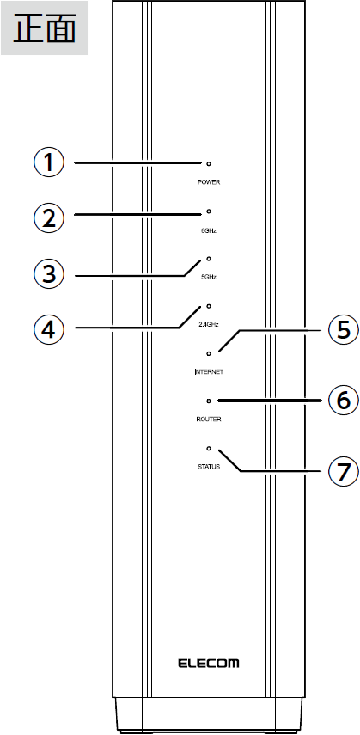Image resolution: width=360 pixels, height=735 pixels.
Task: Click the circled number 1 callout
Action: pyautogui.click(x=48, y=162)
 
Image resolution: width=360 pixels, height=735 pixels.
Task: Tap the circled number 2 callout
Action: pyautogui.click(x=48, y=218)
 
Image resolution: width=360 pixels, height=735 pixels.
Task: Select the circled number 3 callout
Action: pyautogui.click(x=48, y=274)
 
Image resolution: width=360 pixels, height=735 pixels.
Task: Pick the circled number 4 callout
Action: pyautogui.click(x=48, y=329)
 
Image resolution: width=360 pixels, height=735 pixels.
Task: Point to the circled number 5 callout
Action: pyautogui.click(x=344, y=329)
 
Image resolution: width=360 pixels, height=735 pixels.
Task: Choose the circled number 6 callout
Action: pyautogui.click(x=344, y=401)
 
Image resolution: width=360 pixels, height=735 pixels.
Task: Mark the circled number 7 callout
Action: pyautogui.click(x=344, y=471)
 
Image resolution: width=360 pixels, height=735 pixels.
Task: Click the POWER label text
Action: pyautogui.click(x=209, y=182)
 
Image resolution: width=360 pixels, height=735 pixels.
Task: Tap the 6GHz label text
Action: pyautogui.click(x=209, y=230)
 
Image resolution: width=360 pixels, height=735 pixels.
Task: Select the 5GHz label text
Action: pyautogui.click(x=209, y=277)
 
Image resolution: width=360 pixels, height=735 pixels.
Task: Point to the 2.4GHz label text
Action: pyautogui.click(x=209, y=324)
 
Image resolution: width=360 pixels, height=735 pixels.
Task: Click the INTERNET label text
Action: pyautogui.click(x=209, y=371)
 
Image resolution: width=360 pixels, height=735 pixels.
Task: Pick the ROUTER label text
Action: pyautogui.click(x=209, y=419)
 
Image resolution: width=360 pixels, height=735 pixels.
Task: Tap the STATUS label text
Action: pyautogui.click(x=209, y=467)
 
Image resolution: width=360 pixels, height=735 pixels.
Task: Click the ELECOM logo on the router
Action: pyautogui.click(x=209, y=664)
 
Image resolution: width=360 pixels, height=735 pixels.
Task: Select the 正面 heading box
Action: pyautogui.click(x=45, y=28)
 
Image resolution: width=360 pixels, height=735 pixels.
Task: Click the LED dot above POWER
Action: pyautogui.click(x=209, y=164)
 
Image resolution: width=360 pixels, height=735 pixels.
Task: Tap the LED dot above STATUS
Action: pyautogui.click(x=209, y=449)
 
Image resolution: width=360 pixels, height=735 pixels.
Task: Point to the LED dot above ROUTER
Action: pyautogui.click(x=209, y=401)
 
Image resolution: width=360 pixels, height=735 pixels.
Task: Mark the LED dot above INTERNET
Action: pyautogui.click(x=209, y=353)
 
